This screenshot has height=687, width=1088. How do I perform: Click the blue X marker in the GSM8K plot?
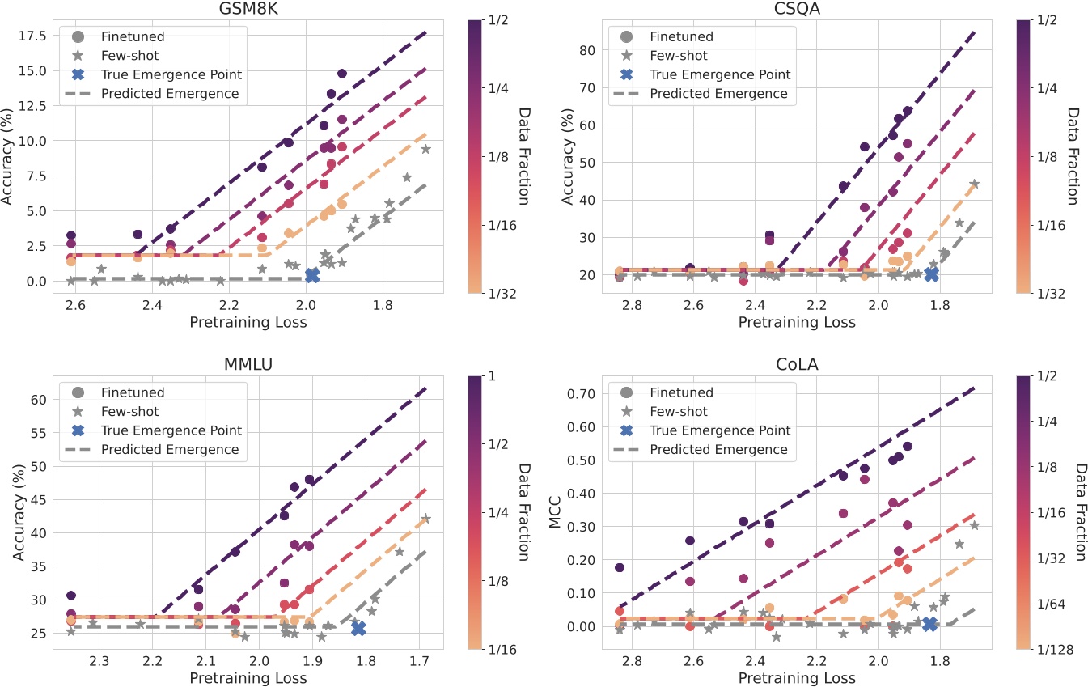coord(312,276)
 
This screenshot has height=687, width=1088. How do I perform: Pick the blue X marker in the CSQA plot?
coord(931,274)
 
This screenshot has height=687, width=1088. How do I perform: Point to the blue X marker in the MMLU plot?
coord(359,628)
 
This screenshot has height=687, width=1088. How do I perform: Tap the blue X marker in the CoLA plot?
coord(929,624)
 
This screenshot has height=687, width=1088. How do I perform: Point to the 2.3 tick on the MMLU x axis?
coord(99,662)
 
